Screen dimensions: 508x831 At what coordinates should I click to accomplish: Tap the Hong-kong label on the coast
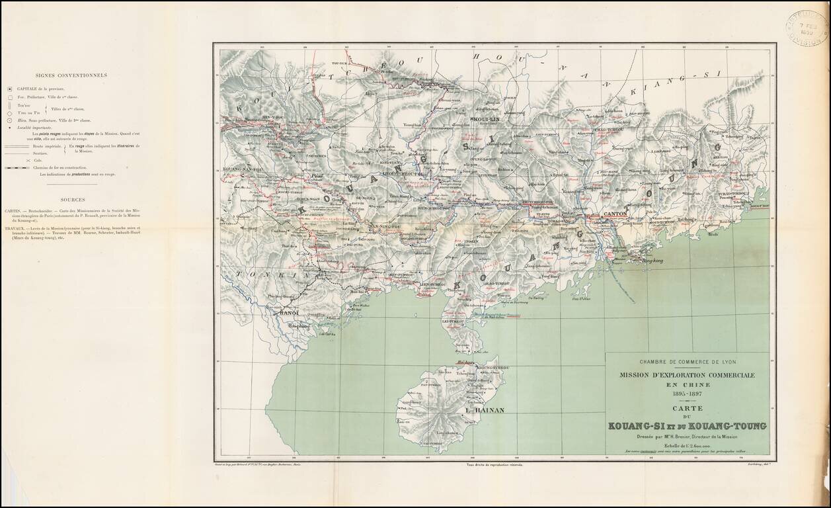pyautogui.click(x=653, y=262)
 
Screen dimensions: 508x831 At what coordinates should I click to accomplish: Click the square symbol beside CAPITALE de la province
pyautogui.click(x=10, y=89)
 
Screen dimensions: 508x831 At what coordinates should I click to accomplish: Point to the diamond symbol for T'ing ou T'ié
pyautogui.click(x=10, y=113)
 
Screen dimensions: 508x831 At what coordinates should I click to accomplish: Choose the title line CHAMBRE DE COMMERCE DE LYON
pyautogui.click(x=687, y=361)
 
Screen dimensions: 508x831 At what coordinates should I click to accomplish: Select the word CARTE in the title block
pyautogui.click(x=687, y=409)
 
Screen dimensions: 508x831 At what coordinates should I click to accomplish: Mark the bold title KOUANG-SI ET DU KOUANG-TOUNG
pyautogui.click(x=687, y=425)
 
